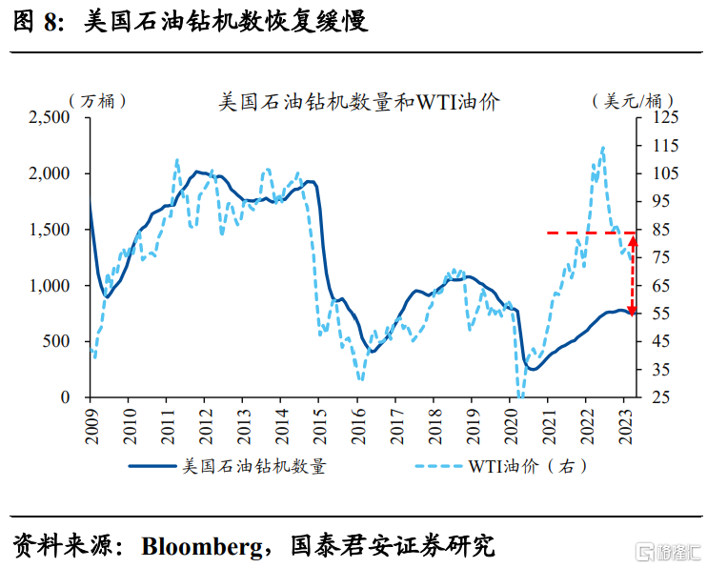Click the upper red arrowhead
(x=632, y=239)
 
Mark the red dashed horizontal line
(x=586, y=233)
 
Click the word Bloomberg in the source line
(x=199, y=546)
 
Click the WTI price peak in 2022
(x=603, y=148)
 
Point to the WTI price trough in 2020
(x=520, y=395)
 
